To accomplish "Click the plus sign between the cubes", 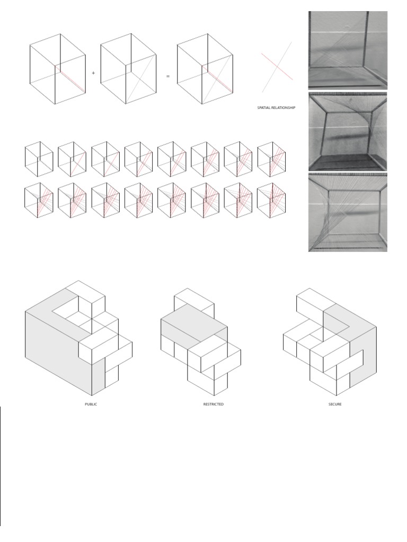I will pos(94,73).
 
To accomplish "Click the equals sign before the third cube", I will pos(168,76).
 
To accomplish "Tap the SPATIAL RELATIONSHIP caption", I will pos(276,107).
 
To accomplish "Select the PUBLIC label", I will pos(91,404).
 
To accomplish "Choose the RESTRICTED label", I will pos(214,404).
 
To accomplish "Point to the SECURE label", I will pos(334,404).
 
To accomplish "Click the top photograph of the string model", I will pos(348,50).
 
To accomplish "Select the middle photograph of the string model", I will pos(348,131).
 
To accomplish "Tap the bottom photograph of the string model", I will pos(348,212).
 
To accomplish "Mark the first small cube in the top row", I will pos(39,159).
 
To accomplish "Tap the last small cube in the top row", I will pos(271,159).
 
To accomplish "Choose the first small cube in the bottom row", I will pos(39,200).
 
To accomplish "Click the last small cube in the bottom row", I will pos(271,200).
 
